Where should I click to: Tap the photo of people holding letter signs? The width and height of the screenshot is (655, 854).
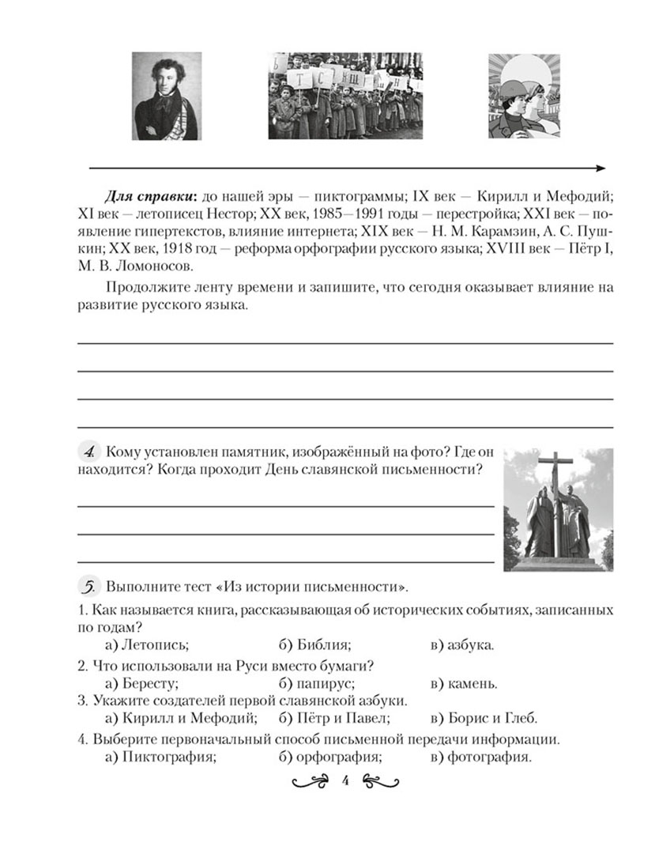tap(344, 96)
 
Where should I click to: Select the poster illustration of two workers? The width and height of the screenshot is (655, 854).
tap(523, 96)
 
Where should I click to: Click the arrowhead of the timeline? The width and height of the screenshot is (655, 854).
tap(600, 168)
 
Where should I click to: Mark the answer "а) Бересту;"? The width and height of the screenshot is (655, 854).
tap(141, 683)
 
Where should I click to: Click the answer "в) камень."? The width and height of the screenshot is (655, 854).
tap(464, 683)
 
